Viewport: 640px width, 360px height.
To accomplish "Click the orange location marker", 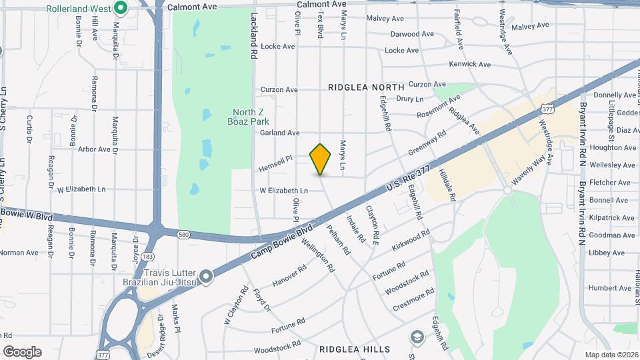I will click(x=321, y=159).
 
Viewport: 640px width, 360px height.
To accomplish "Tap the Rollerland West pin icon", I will click(x=121, y=9).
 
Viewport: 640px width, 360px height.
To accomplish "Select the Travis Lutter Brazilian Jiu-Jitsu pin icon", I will click(x=206, y=275).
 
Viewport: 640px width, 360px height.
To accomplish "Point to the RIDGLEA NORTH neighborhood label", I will click(x=366, y=87).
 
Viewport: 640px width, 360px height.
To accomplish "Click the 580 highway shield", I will click(x=183, y=233).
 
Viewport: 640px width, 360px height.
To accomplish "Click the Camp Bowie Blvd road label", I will click(x=281, y=243).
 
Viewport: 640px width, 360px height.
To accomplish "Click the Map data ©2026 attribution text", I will click(x=611, y=355).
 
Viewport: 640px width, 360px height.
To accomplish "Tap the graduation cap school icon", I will click(x=417, y=336).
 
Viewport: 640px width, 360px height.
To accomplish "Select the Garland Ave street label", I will click(x=279, y=133).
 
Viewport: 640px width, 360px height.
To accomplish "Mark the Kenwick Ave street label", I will click(x=469, y=65).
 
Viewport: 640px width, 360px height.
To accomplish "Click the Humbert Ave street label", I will click(x=610, y=288).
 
